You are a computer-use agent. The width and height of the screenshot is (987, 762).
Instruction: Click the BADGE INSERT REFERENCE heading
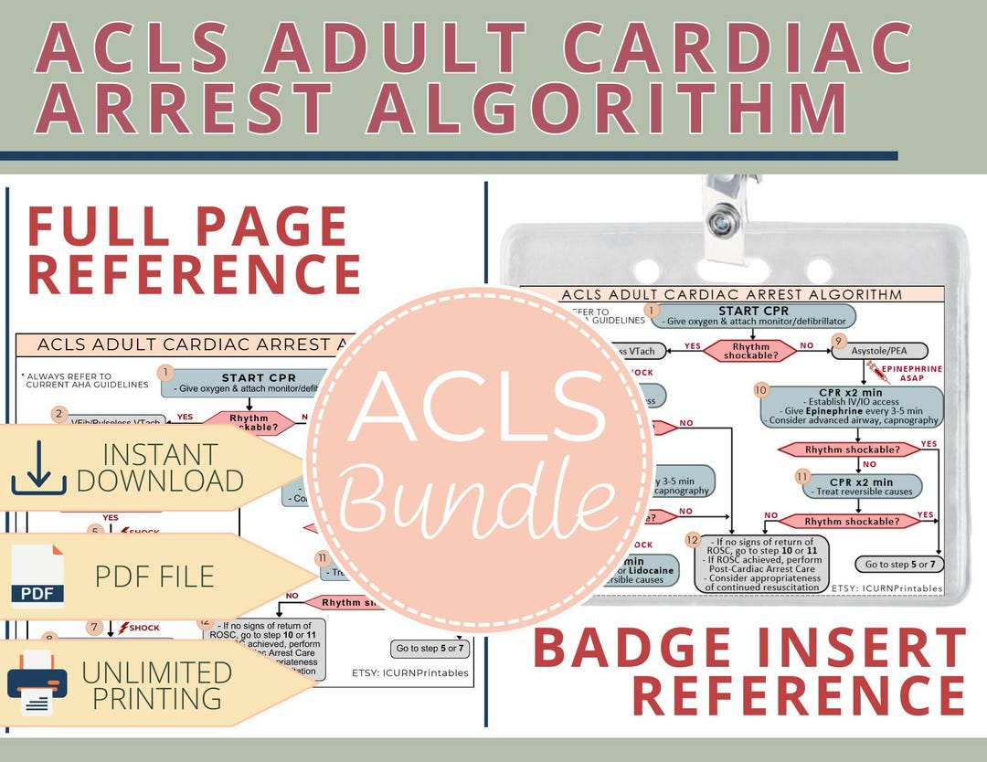pyautogui.click(x=749, y=672)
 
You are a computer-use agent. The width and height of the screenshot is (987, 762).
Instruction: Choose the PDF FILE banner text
pyautogui.click(x=154, y=576)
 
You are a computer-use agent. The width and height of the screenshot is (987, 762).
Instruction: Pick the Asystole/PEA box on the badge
pyautogui.click(x=878, y=351)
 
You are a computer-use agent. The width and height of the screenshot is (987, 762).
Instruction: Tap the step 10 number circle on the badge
pyautogui.click(x=760, y=389)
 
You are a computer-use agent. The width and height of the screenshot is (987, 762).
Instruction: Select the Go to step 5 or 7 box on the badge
pyautogui.click(x=899, y=564)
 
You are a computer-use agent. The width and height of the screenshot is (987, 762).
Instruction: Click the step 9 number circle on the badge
pyautogui.click(x=838, y=341)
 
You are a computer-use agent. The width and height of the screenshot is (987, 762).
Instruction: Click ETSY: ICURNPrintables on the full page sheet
pyautogui.click(x=410, y=672)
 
